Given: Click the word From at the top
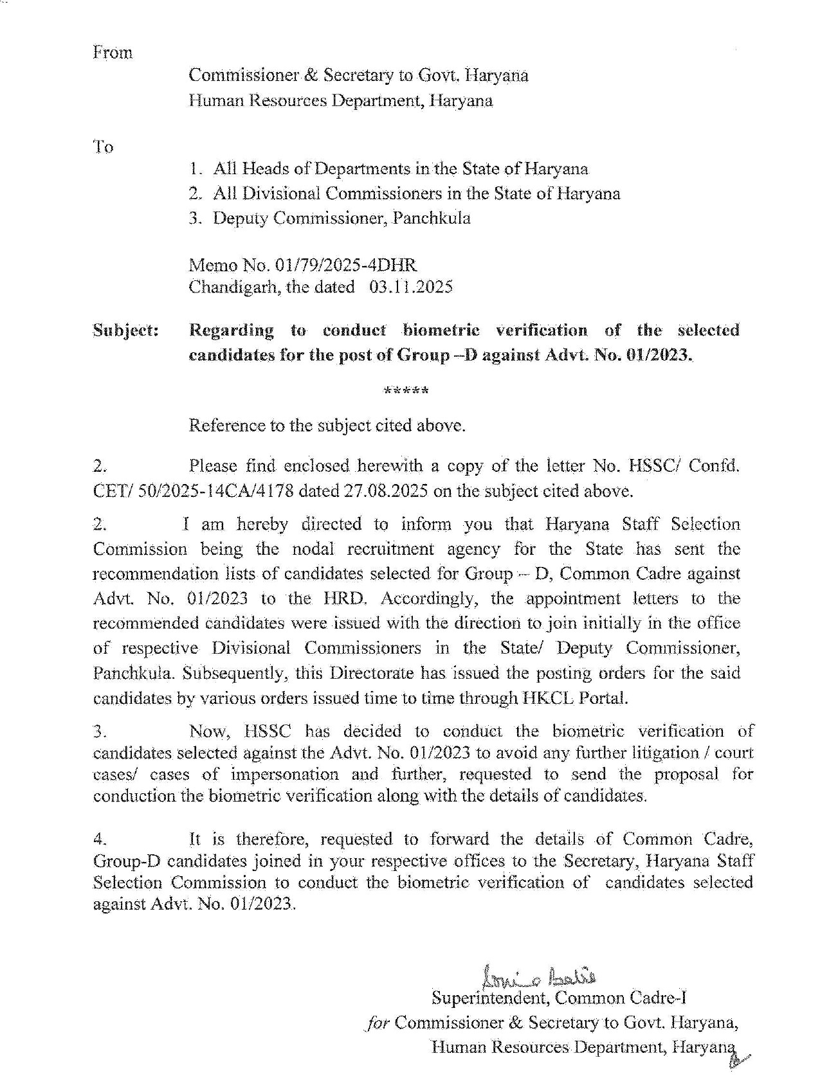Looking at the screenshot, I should [113, 53].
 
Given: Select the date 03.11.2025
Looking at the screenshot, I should [411, 287].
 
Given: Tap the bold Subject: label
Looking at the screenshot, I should [126, 330].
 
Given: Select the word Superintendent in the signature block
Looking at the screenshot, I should [491, 998].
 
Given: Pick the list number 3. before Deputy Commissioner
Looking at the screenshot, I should [196, 219].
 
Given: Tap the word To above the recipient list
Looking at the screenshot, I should [104, 147].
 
